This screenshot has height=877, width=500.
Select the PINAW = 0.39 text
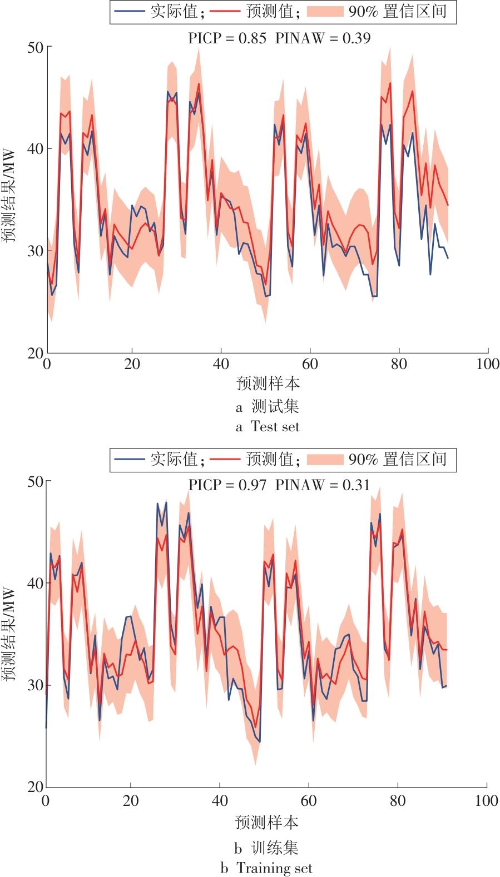pos(323,38)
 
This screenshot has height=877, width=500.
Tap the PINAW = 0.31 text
pos(323,485)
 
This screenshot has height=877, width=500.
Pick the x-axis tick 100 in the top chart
pos(488,364)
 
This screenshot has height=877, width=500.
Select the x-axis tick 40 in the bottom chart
pos(220,801)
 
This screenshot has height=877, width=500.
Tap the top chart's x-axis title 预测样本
pos(268,383)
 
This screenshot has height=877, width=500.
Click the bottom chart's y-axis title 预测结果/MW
pos(9,633)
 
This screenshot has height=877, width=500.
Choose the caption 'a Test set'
pos(268,427)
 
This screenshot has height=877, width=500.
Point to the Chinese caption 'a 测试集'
pos(268,407)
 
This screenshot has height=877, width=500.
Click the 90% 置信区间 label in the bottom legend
pos(398,459)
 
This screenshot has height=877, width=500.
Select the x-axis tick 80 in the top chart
pos(399,364)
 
